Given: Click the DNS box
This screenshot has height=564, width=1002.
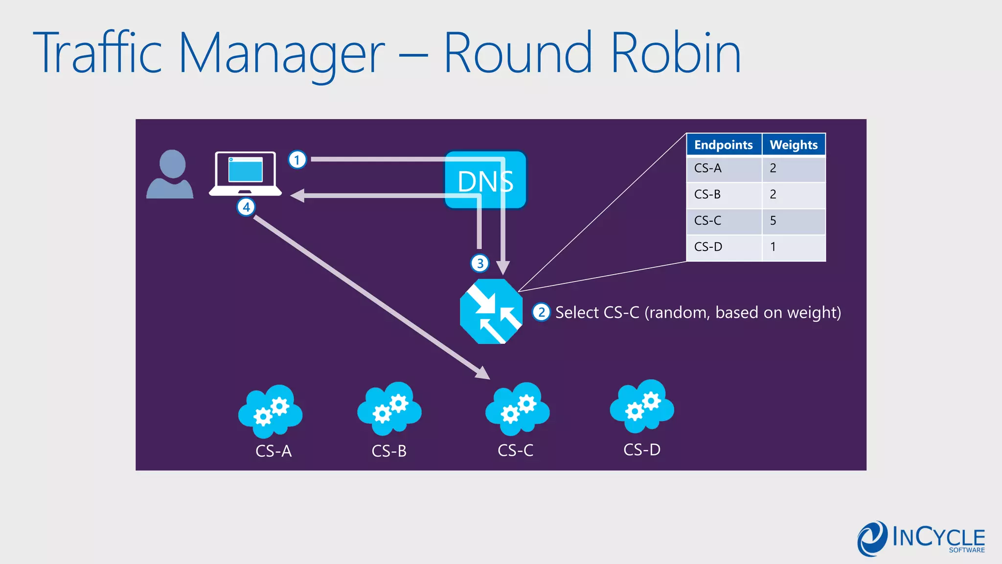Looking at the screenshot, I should [x=485, y=180].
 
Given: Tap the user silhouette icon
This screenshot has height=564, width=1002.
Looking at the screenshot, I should [x=170, y=174].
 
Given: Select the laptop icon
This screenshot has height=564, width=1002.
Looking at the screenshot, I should [x=246, y=174].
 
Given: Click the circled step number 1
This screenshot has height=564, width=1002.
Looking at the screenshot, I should [x=297, y=160].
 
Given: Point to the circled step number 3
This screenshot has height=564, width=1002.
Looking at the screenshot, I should [x=480, y=263].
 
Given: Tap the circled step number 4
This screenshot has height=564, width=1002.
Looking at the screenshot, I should [x=246, y=207].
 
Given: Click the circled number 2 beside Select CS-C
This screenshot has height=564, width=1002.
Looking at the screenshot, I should [x=541, y=312].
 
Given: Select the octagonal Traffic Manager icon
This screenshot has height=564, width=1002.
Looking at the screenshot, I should [x=491, y=311].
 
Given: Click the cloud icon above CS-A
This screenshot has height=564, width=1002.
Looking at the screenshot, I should [x=271, y=411].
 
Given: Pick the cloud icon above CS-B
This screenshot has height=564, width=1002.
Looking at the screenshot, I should [x=389, y=409].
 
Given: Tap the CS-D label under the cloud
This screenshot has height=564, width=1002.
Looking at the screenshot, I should [x=642, y=449].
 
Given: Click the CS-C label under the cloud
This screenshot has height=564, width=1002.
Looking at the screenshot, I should [x=515, y=450].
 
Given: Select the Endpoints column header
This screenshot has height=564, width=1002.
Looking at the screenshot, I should [x=723, y=145].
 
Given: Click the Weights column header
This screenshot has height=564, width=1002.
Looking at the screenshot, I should [x=794, y=145].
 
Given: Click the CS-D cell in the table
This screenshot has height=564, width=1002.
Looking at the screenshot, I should [x=708, y=247].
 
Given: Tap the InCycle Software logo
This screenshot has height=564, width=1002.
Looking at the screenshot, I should [x=921, y=539].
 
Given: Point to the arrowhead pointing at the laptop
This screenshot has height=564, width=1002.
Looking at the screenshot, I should [x=297, y=196].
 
